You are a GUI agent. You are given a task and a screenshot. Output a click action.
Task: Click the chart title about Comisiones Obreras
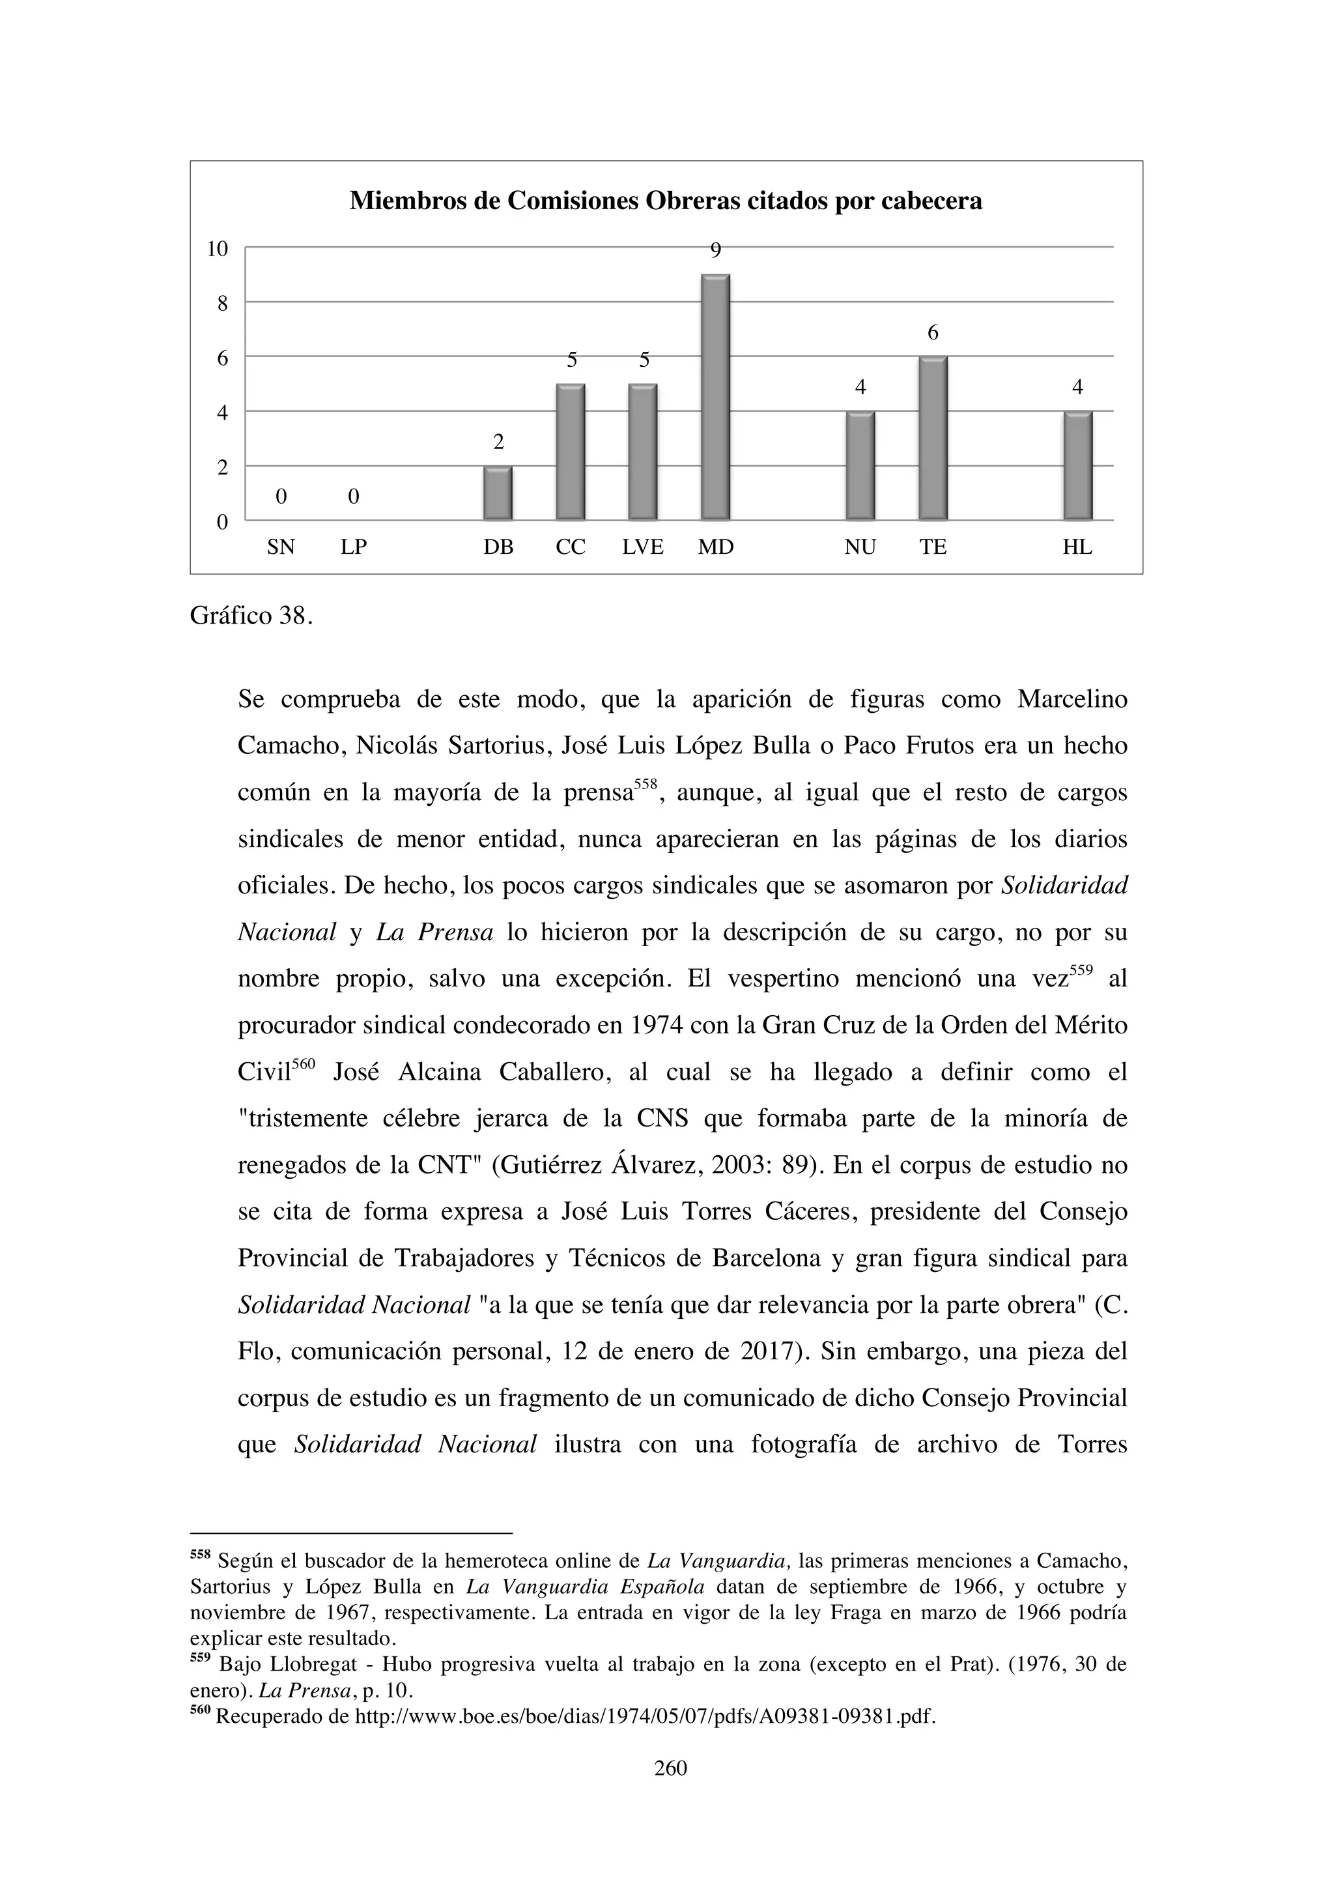coord(665,201)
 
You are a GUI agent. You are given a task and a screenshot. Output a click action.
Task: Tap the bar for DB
coord(498,493)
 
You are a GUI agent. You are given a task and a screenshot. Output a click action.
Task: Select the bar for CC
coord(570,452)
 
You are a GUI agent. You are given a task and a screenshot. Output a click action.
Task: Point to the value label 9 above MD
coord(715,251)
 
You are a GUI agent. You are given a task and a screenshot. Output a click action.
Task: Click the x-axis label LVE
coord(642,547)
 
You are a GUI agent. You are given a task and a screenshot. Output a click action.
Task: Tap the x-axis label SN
coord(281,547)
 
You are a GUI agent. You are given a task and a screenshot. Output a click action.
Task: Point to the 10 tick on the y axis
coord(217,248)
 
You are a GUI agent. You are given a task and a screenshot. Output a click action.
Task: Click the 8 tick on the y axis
coord(221,303)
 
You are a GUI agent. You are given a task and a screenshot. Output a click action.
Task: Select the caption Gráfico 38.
coord(251,616)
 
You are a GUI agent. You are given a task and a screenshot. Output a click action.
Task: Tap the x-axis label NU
coord(860,547)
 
